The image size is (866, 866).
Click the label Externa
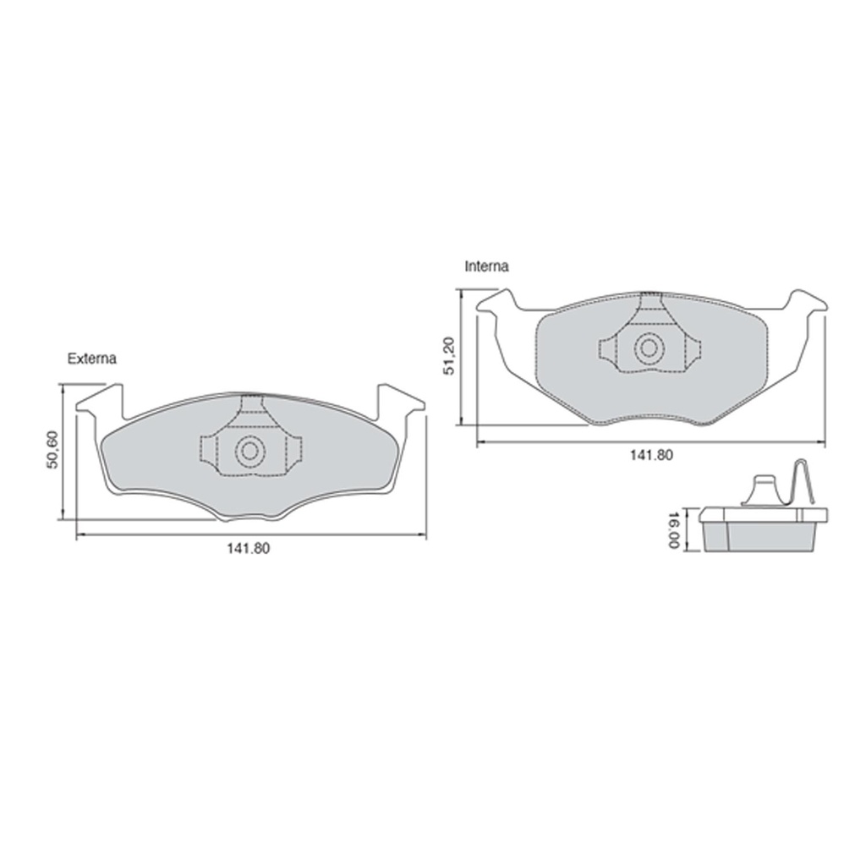91,359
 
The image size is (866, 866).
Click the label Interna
486,266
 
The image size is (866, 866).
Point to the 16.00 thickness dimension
673,530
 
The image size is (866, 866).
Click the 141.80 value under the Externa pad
248,549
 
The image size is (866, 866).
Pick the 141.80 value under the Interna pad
652,455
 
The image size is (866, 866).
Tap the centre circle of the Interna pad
649,348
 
